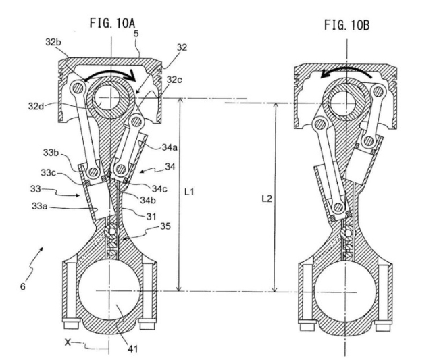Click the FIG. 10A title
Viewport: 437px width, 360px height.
click(x=112, y=23)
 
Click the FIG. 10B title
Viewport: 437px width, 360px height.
click(x=346, y=25)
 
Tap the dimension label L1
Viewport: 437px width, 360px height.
click(x=189, y=192)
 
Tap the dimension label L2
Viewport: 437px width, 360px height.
click(x=267, y=199)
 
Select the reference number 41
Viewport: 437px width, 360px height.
click(x=133, y=349)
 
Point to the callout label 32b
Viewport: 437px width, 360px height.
click(x=53, y=43)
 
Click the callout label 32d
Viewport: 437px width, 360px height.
click(x=36, y=106)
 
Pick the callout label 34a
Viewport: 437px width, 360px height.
click(x=170, y=147)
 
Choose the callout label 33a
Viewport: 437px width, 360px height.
click(x=39, y=206)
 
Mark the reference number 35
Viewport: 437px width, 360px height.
click(x=165, y=226)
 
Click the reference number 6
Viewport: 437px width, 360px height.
click(x=23, y=286)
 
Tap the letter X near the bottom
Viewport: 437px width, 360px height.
click(x=68, y=342)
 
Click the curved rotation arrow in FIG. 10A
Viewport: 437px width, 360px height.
click(x=111, y=72)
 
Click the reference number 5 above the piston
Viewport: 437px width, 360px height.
click(x=136, y=34)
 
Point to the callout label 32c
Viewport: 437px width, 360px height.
click(x=174, y=80)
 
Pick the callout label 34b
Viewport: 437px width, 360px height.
click(x=148, y=200)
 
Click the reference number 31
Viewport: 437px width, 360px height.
click(x=151, y=216)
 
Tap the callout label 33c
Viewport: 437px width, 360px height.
click(x=49, y=173)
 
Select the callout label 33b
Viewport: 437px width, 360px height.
click(x=51, y=153)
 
